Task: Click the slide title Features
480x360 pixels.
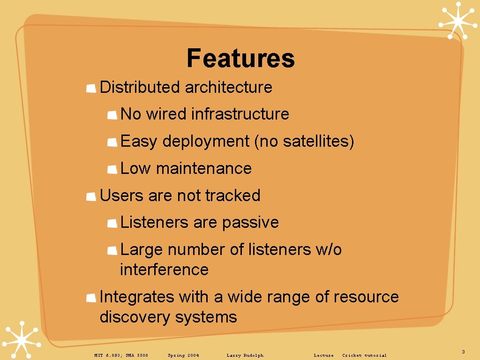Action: coord(240,59)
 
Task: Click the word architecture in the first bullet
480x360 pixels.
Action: coord(228,87)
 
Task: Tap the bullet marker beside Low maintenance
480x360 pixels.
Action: coord(112,169)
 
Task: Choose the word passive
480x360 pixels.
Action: coord(250,223)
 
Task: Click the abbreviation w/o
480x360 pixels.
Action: coord(329,250)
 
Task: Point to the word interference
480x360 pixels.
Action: coord(164,270)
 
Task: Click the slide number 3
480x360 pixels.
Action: coord(463,352)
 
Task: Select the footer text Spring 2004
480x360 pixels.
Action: coord(183,355)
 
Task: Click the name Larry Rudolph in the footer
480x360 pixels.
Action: coord(245,355)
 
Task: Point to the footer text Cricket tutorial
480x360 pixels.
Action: coord(364,355)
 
